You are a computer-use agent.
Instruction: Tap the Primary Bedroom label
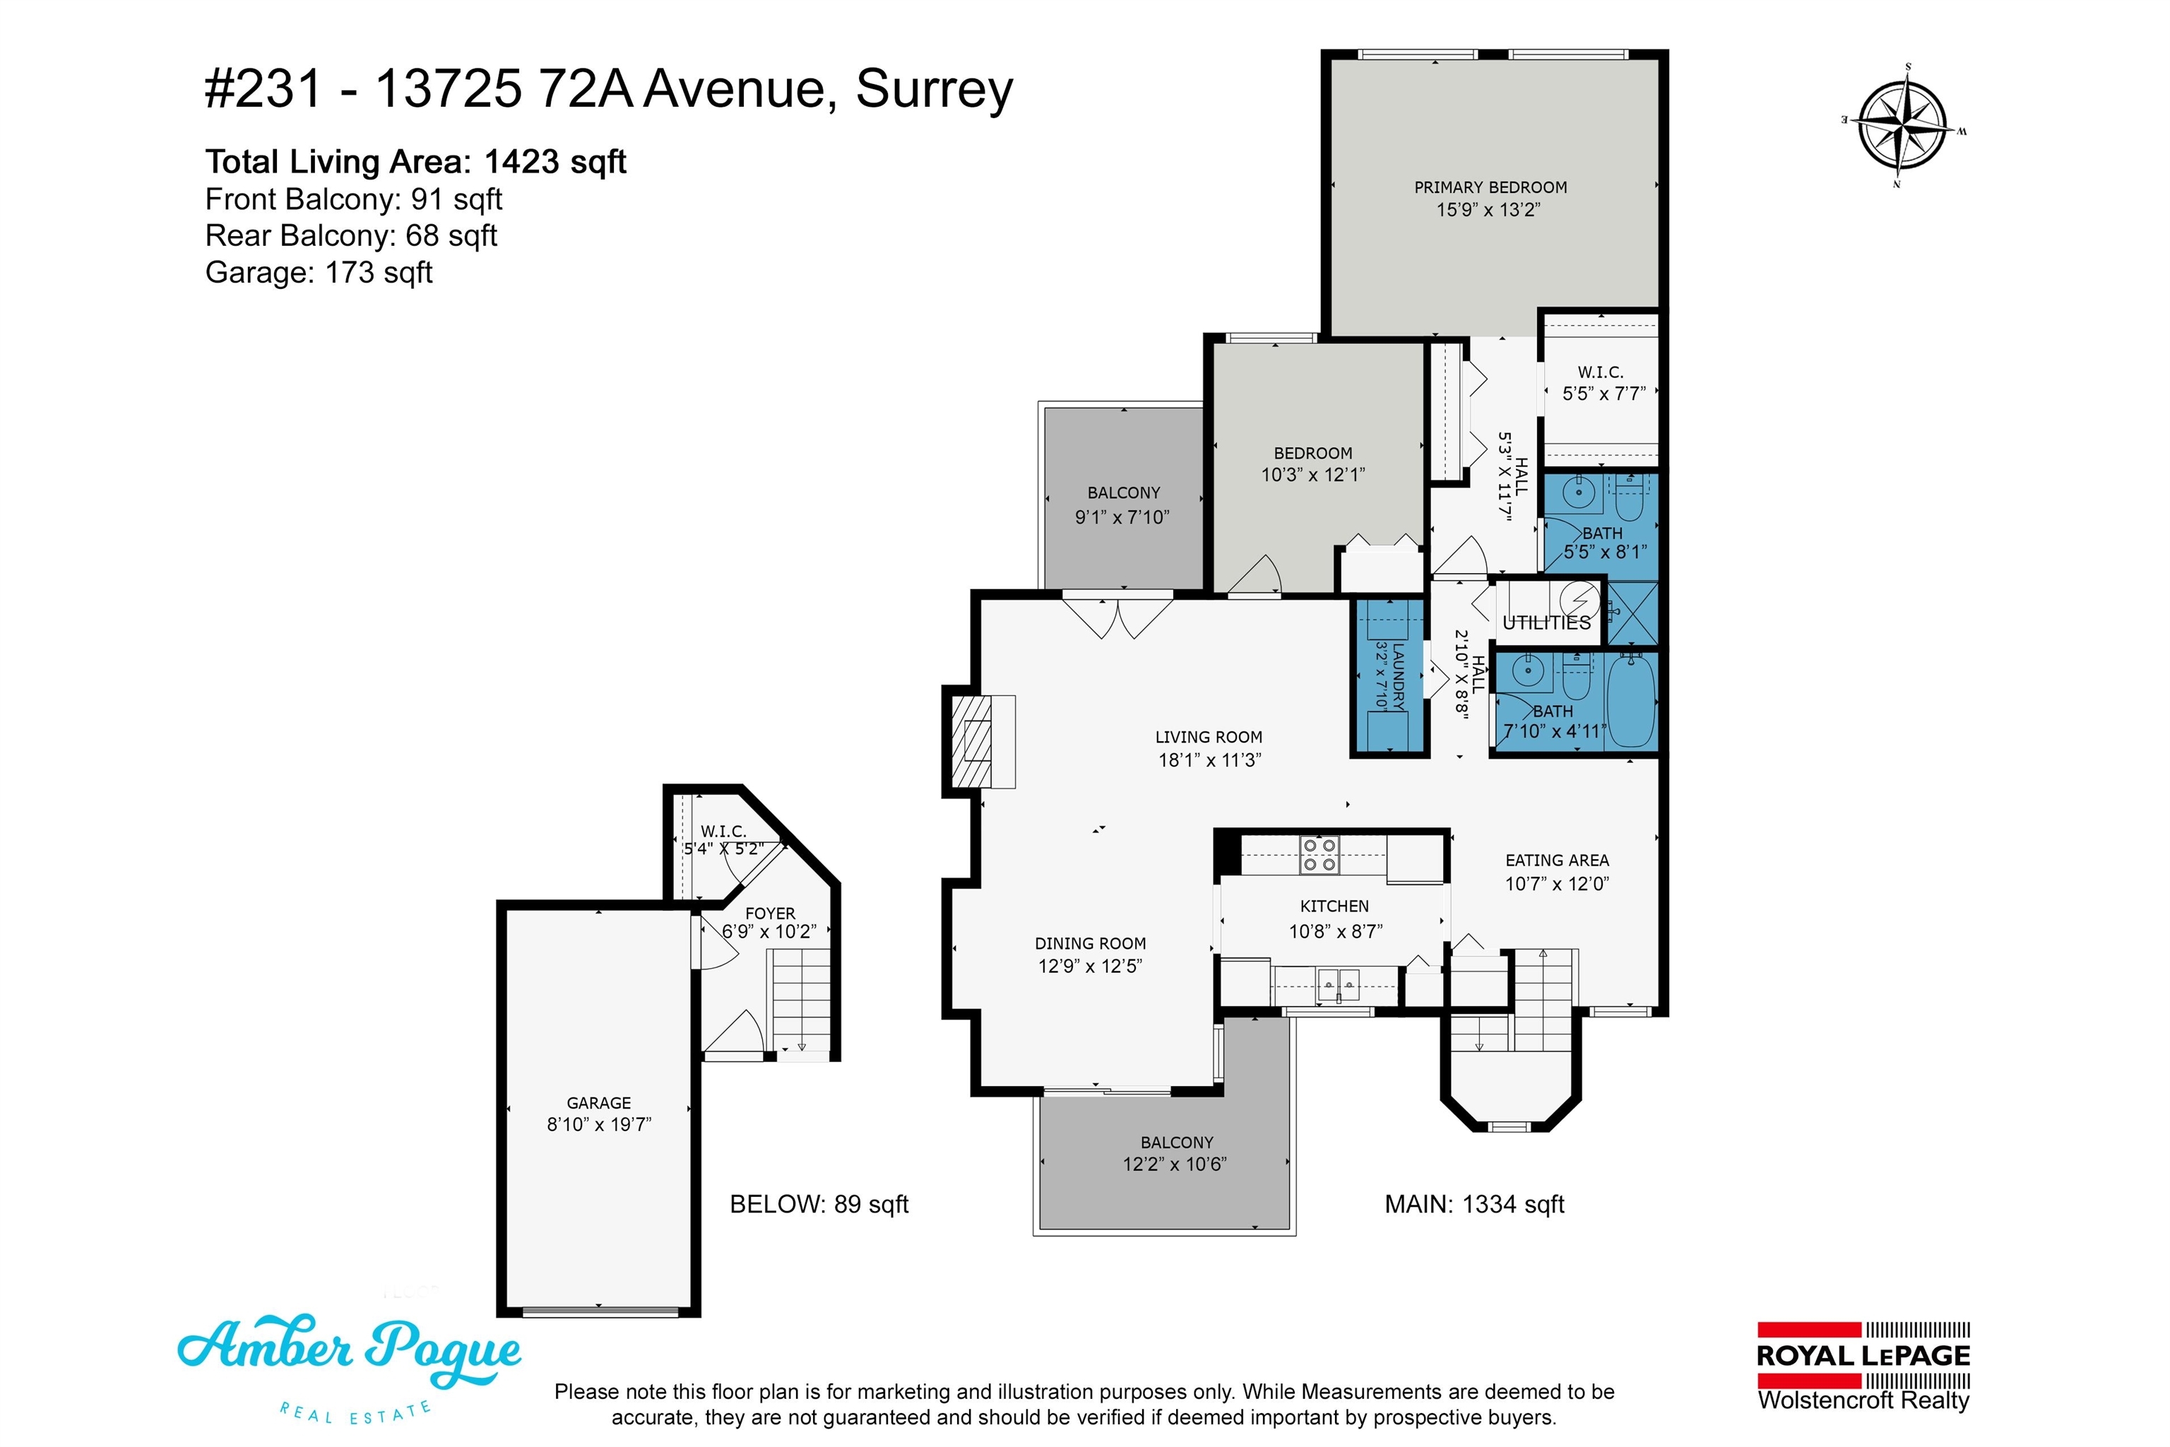(x=1490, y=187)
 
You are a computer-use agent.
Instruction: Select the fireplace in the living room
(x=979, y=741)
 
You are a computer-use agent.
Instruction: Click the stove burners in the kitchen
(x=1320, y=854)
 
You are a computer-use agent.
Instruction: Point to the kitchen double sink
(x=1338, y=985)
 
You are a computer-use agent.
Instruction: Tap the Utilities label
(x=1546, y=623)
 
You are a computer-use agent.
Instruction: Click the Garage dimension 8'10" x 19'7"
(x=599, y=1124)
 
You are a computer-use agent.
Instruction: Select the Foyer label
(x=771, y=914)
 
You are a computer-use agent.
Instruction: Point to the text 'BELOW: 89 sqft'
(x=819, y=1204)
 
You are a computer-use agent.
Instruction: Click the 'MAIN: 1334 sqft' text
(x=1474, y=1204)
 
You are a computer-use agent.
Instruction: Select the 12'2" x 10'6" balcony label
(x=1175, y=1154)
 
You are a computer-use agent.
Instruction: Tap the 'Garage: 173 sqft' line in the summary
(x=319, y=273)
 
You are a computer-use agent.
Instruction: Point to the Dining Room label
(x=1091, y=944)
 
